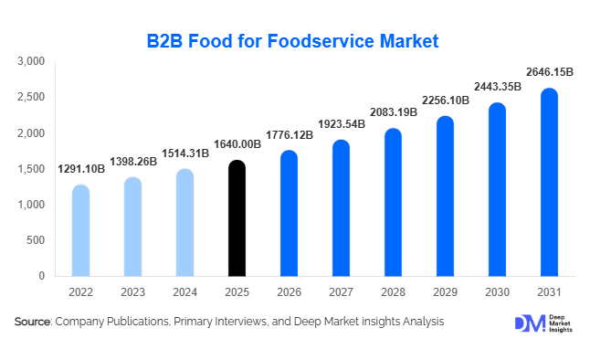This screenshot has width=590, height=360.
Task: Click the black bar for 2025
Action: tap(237, 218)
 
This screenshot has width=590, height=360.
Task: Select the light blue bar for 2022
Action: tap(80, 230)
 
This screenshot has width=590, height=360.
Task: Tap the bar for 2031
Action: tap(549, 182)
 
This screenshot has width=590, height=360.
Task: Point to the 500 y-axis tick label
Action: tap(36, 240)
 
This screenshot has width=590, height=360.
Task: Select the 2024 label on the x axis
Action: tap(184, 291)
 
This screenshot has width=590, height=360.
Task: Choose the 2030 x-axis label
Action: tap(497, 291)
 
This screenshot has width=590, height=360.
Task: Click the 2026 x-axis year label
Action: tap(289, 291)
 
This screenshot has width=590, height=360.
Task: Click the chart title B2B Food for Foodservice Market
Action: tap(293, 41)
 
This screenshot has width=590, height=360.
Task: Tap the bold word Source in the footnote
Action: tap(33, 322)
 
